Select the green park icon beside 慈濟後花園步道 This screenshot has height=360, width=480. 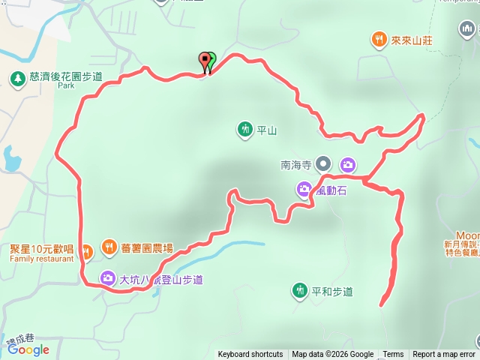16,77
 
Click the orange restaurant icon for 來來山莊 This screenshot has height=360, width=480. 379,39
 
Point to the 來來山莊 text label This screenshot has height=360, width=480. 411,39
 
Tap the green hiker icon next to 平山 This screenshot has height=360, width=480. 244,130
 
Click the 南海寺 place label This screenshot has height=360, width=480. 295,163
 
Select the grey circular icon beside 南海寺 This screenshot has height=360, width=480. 323,163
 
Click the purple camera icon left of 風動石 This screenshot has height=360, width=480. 304,190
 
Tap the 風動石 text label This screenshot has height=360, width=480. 331,190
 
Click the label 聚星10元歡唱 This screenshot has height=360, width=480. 41,248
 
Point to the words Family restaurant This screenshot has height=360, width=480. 42,259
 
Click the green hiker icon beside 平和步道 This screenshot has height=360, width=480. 300,290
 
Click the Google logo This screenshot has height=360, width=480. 28,349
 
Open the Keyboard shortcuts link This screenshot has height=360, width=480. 250,355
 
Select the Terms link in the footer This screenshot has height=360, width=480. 393,355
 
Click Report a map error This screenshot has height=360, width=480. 444,355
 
